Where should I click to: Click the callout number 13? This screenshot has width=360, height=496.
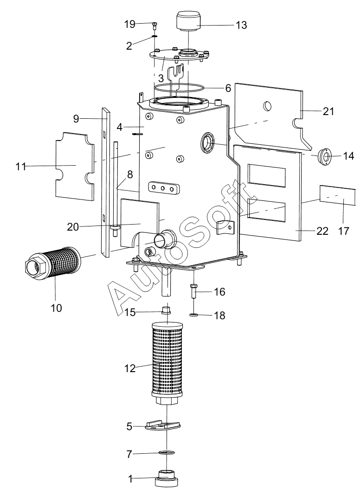[241, 25]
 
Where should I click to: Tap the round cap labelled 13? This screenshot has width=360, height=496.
[189, 21]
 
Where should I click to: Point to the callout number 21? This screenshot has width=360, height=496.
[328, 111]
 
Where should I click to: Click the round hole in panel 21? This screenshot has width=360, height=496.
[267, 106]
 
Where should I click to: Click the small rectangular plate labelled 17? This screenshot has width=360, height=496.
[338, 195]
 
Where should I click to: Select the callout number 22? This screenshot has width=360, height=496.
[322, 231]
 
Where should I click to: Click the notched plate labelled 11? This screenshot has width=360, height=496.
[75, 166]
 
